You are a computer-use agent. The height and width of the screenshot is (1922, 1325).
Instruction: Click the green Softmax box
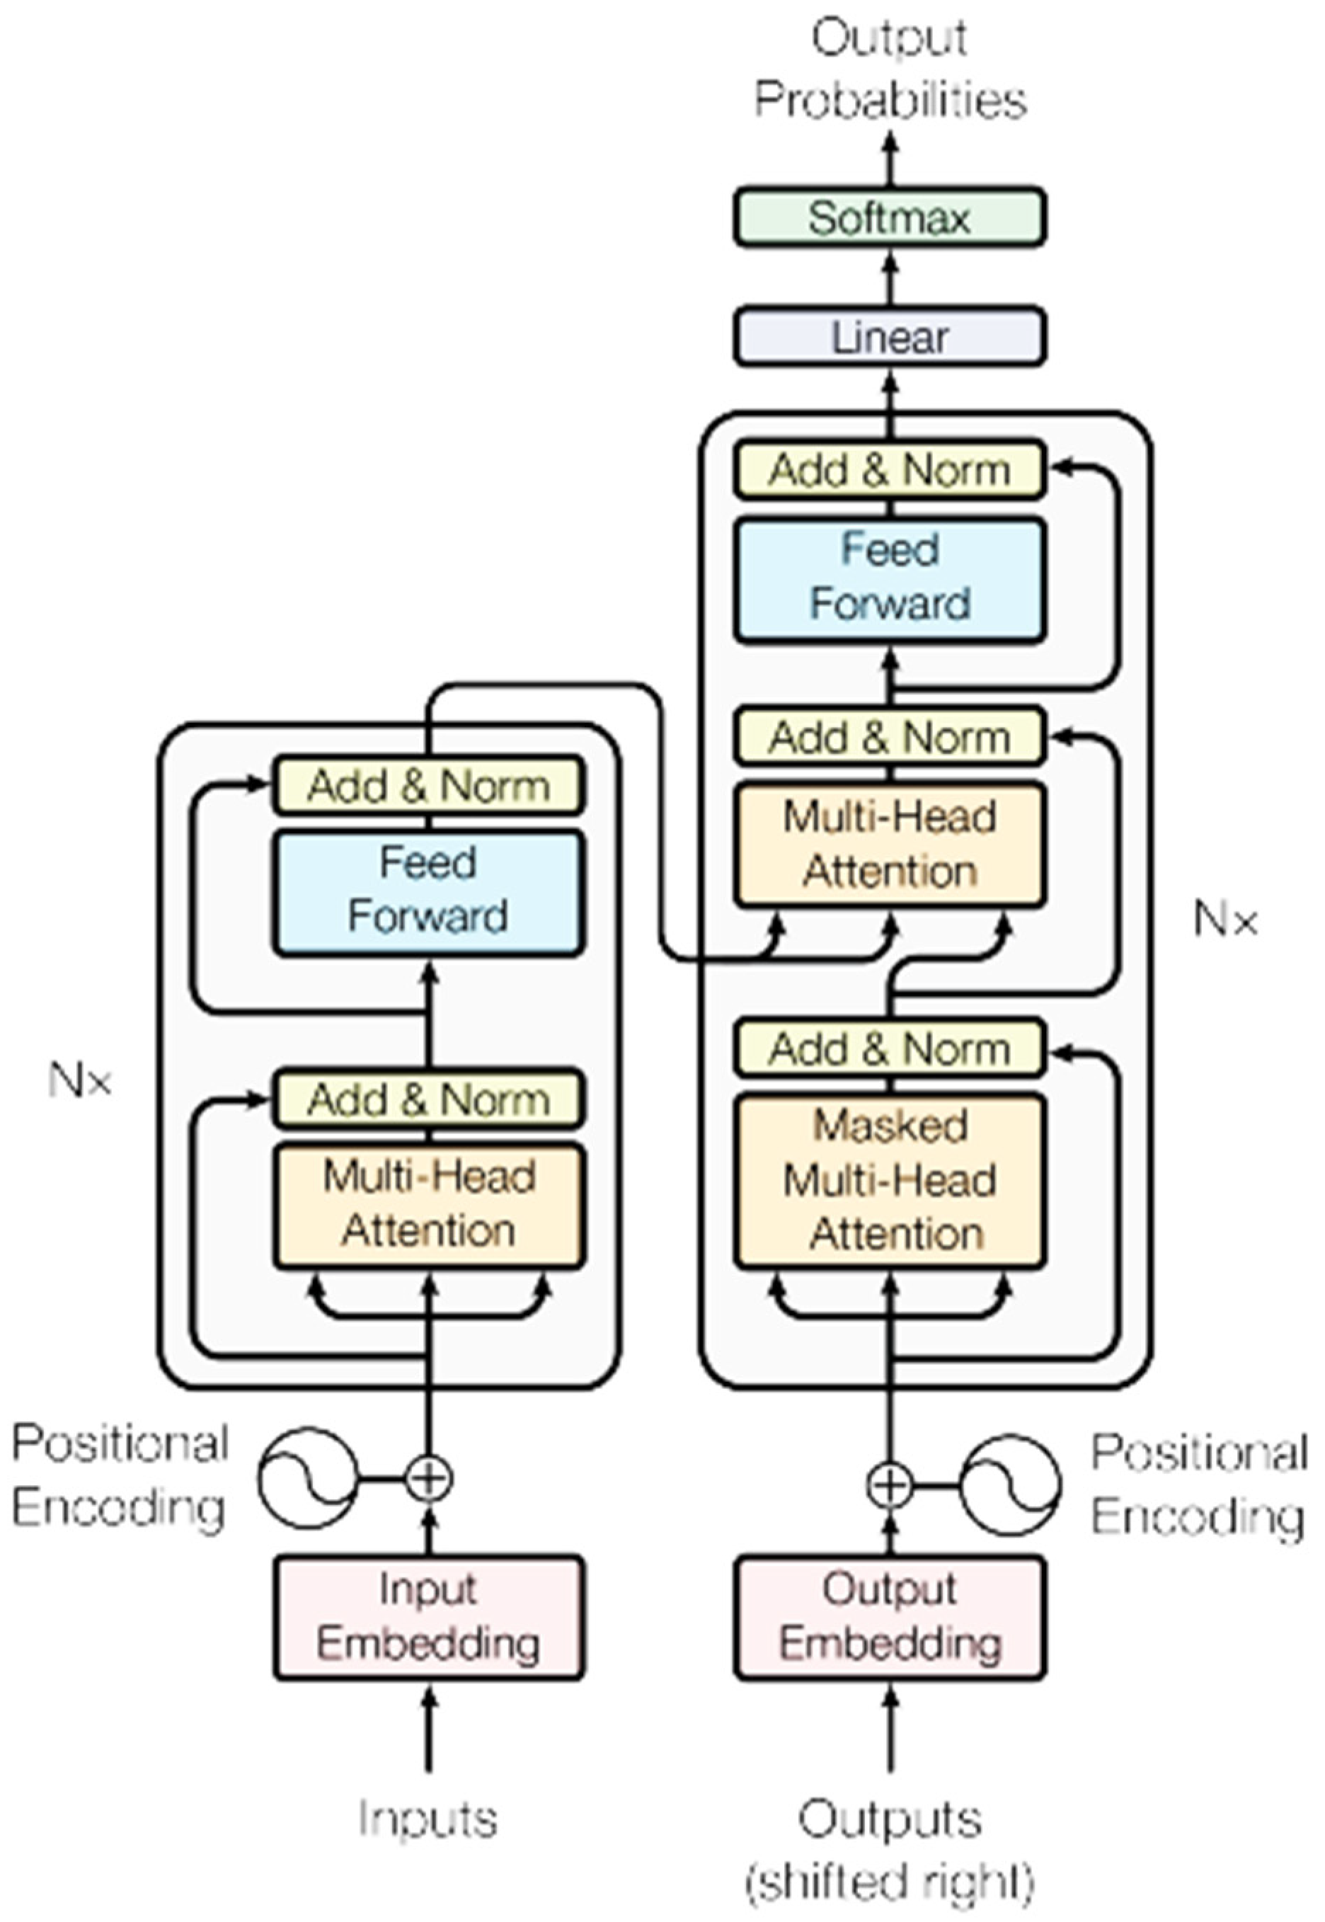(x=889, y=217)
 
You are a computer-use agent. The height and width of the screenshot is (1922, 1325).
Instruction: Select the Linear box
(x=889, y=337)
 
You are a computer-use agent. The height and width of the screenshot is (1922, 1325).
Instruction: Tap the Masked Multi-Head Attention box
(x=889, y=1181)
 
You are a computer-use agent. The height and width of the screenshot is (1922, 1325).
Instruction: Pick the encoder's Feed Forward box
(x=428, y=893)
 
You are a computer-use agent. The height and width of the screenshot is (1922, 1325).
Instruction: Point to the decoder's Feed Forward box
(x=889, y=580)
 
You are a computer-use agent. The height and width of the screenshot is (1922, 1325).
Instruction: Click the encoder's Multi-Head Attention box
(x=428, y=1206)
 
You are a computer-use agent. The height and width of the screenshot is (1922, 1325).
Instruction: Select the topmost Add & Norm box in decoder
(x=889, y=470)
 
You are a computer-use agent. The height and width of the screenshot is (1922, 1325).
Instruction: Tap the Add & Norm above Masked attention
(x=889, y=1048)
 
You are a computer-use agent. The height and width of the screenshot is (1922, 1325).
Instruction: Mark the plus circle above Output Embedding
(x=889, y=1485)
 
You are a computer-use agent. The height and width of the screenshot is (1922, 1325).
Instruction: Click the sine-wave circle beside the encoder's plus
(x=308, y=1478)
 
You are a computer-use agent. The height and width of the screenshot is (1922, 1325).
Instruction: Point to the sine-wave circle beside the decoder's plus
(x=1009, y=1485)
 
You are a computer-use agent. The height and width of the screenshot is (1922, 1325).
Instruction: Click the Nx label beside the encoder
(x=80, y=1081)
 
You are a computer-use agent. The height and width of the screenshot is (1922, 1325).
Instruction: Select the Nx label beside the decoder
(x=1225, y=920)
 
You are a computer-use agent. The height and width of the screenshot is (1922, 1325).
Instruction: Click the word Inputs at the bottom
(x=428, y=1818)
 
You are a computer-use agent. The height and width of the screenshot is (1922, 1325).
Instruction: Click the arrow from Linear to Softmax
(x=889, y=278)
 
